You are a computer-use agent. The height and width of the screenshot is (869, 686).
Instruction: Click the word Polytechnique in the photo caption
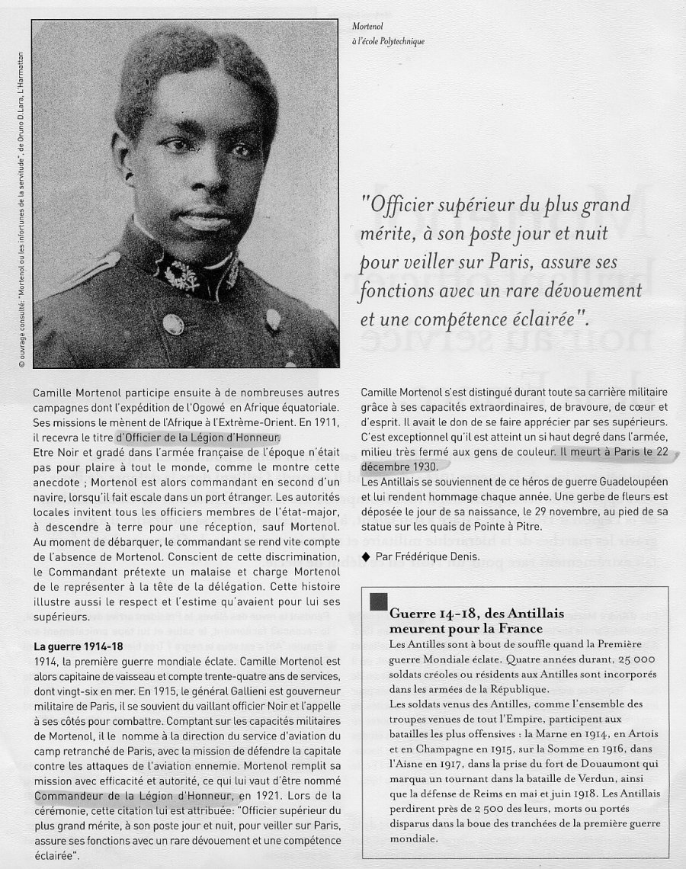coord(400,42)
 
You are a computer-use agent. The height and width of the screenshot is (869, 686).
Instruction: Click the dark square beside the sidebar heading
coord(378,601)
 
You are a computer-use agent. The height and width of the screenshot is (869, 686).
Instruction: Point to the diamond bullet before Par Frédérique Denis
coord(367,557)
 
